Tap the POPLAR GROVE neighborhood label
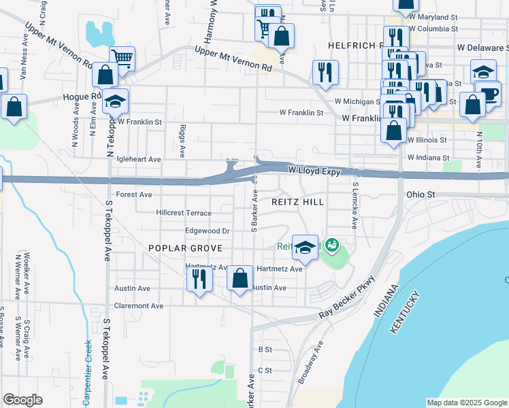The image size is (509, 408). (x=177, y=249)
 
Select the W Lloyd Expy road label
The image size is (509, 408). (x=314, y=172)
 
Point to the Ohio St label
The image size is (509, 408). (x=421, y=194)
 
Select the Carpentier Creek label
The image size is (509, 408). (x=87, y=373)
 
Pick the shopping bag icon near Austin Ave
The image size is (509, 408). (x=240, y=279)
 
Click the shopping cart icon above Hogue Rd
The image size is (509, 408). (x=122, y=58)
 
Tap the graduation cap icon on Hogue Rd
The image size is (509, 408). (x=115, y=101)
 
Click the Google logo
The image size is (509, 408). (x=22, y=400)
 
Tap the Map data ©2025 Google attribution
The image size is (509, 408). (x=467, y=403)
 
